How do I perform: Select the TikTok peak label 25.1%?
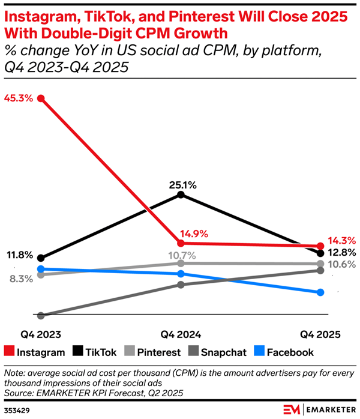(181, 185)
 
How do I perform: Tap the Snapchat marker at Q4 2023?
(41, 315)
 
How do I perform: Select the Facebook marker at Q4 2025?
(320, 292)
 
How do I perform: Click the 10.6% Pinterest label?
(341, 265)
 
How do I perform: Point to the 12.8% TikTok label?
(341, 253)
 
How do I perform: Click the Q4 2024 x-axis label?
(181, 334)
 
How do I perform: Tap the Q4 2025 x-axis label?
(320, 334)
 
